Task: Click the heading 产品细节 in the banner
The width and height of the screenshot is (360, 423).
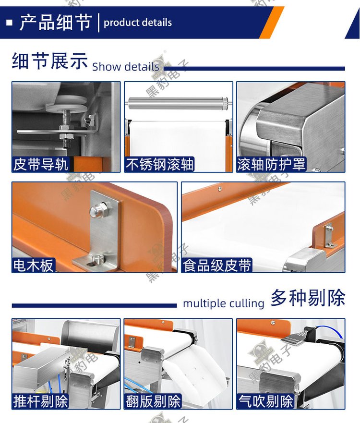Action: click(x=56, y=22)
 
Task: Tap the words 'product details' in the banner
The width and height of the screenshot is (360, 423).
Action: click(x=138, y=23)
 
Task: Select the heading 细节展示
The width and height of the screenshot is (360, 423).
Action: click(x=50, y=60)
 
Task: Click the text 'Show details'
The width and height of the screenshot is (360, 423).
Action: click(x=126, y=67)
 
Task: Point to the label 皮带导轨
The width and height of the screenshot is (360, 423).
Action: click(x=40, y=164)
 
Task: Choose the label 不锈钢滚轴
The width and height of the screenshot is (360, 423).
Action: click(x=159, y=164)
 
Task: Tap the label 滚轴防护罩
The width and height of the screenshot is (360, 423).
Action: click(x=271, y=164)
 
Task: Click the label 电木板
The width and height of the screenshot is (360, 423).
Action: click(x=34, y=265)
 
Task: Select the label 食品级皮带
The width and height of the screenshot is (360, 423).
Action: click(x=217, y=265)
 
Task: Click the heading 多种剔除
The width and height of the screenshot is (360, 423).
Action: click(x=308, y=298)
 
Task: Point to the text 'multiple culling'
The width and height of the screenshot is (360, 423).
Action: click(x=224, y=303)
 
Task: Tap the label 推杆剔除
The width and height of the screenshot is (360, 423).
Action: click(x=40, y=401)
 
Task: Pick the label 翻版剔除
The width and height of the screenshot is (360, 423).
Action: click(x=153, y=401)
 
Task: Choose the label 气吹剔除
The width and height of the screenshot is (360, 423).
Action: click(x=265, y=401)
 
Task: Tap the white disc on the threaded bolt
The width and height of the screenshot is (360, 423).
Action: click(x=66, y=104)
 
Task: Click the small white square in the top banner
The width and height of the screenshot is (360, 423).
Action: click(x=10, y=22)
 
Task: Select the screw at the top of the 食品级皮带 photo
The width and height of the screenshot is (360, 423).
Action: click(x=220, y=188)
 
